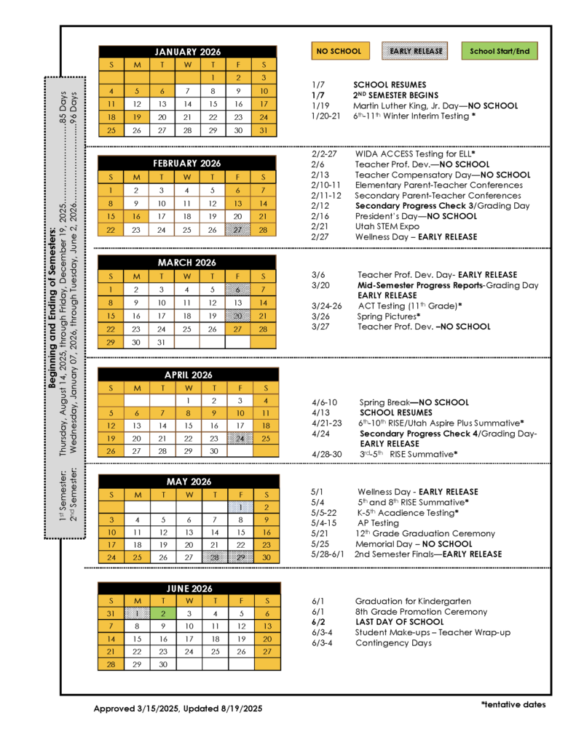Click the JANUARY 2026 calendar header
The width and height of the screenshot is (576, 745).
[x=188, y=52]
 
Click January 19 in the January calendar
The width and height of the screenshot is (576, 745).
[x=136, y=117]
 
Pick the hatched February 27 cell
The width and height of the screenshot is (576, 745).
[x=238, y=229]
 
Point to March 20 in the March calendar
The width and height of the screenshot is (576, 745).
[x=238, y=316]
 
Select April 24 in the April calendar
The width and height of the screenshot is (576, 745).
[x=240, y=438]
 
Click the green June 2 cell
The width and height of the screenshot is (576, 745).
[x=162, y=613]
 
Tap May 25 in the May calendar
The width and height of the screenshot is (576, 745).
[x=136, y=557]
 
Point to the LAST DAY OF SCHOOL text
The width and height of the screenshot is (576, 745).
[x=399, y=622]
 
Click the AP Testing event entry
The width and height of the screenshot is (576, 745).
[x=378, y=523]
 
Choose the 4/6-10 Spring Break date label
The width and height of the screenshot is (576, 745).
[x=324, y=402]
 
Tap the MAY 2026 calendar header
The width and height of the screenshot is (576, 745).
[x=188, y=482]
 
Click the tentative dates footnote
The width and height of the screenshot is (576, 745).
[x=513, y=704]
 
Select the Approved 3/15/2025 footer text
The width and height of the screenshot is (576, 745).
[x=178, y=708]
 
